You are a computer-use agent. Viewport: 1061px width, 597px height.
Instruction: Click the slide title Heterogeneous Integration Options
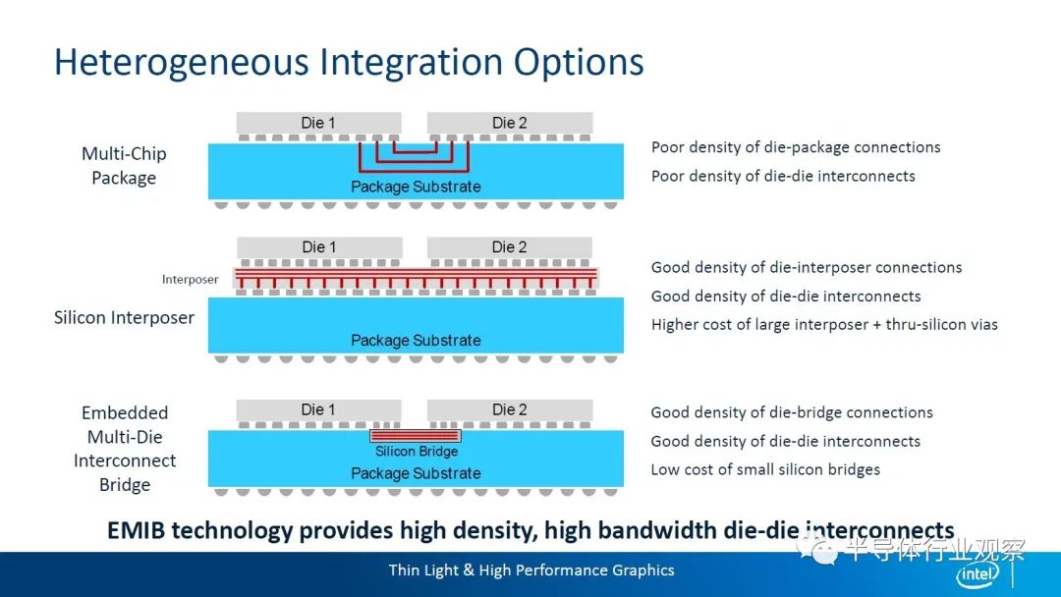tap(349, 62)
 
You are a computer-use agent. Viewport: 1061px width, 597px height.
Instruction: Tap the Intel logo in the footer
tap(977, 574)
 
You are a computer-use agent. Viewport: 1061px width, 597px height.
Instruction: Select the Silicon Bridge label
tap(417, 451)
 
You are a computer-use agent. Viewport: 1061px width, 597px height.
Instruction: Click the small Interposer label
tap(191, 279)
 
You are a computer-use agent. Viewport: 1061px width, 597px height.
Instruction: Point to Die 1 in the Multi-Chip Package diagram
tap(318, 123)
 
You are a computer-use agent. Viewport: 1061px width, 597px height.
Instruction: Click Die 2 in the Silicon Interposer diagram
tap(510, 247)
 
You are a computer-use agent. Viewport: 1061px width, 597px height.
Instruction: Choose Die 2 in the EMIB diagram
tap(510, 409)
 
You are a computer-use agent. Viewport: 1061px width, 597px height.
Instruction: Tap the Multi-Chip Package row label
tap(124, 166)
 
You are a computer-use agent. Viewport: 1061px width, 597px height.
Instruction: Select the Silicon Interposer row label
tap(124, 318)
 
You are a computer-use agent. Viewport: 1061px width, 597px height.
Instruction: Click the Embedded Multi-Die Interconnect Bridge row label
tap(125, 449)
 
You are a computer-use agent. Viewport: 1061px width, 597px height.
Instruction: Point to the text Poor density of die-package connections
tap(796, 147)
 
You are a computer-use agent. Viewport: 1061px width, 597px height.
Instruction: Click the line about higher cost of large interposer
tap(824, 325)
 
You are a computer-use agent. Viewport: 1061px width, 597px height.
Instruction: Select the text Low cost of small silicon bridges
tap(765, 469)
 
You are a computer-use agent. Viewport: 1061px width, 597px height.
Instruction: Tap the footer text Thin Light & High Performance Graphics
tap(531, 570)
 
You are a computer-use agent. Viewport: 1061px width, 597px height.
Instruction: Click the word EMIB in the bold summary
tap(136, 530)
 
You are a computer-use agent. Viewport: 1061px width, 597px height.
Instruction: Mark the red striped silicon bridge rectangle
tap(416, 436)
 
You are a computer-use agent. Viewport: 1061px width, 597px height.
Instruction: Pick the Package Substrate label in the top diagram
tap(416, 187)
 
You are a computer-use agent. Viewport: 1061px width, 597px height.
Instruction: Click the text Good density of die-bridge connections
tap(792, 412)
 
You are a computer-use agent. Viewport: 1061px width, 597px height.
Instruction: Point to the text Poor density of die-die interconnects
tap(783, 176)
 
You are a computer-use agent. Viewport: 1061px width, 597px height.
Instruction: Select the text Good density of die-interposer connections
tap(807, 268)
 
